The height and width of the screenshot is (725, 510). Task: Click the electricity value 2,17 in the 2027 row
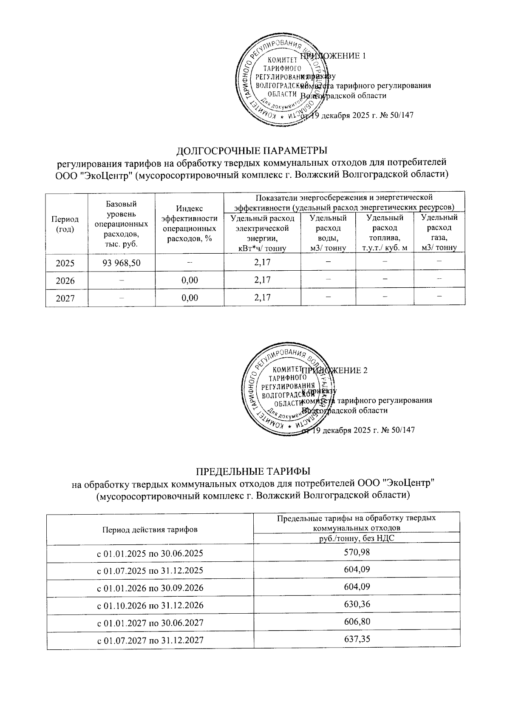click(262, 297)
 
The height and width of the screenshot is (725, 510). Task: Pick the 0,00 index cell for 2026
click(190, 280)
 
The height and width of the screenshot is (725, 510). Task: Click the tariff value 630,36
click(357, 604)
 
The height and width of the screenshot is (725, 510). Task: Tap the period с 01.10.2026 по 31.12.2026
click(150, 605)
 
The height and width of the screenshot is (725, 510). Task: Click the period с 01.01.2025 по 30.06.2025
click(150, 553)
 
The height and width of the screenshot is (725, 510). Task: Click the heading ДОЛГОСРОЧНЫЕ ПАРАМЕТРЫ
click(252, 151)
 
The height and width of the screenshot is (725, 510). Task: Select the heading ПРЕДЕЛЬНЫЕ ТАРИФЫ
click(253, 471)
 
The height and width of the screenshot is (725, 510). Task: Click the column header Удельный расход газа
click(439, 232)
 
